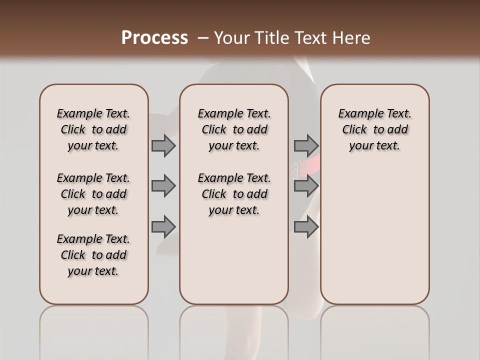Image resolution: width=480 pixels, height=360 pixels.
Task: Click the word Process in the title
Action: click(154, 38)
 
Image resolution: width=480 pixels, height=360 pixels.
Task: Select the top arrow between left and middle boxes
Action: click(163, 145)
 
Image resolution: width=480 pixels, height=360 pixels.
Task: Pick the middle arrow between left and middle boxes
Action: click(163, 186)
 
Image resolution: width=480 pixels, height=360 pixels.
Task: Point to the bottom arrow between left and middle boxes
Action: click(163, 226)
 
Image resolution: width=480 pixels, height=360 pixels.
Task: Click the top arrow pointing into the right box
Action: click(306, 145)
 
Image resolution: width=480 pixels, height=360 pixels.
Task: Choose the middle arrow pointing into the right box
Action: click(306, 186)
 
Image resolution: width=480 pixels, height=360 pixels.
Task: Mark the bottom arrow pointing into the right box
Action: click(306, 226)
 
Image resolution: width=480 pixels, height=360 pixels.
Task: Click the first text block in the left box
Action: click(93, 129)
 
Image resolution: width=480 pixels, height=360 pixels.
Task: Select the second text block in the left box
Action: click(93, 194)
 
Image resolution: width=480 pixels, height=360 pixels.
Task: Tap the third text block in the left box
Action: click(93, 255)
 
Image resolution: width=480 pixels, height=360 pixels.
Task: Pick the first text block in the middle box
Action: click(234, 129)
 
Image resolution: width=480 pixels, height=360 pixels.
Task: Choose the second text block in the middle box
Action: click(234, 194)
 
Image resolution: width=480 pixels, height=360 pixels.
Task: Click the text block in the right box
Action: click(374, 129)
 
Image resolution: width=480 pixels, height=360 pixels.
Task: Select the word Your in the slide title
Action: click(231, 38)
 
